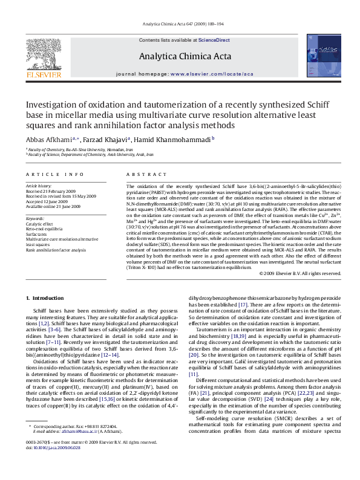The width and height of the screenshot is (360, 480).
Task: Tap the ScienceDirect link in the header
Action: [215, 40]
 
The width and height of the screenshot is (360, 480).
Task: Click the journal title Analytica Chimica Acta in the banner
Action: [185, 56]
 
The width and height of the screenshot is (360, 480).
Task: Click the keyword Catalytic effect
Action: [39, 224]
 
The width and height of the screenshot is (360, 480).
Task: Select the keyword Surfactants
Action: [36, 234]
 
